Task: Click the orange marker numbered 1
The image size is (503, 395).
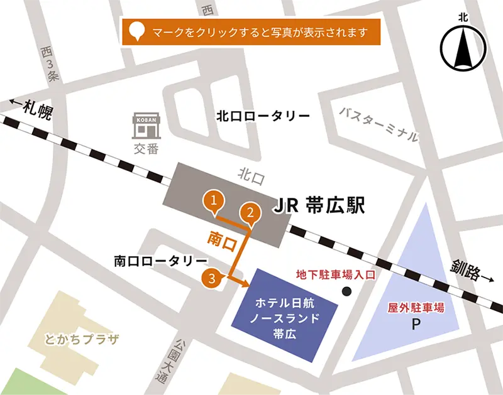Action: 214,201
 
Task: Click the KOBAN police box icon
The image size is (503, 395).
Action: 146,126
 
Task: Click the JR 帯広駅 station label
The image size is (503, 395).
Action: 319,206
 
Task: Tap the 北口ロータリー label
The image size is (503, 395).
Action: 263,117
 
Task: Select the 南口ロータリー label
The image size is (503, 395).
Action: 160,260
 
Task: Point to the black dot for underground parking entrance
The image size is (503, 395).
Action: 346,291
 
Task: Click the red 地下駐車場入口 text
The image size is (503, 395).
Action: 336,275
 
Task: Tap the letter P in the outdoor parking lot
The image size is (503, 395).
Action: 415,325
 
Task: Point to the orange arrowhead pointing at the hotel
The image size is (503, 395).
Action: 245,283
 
